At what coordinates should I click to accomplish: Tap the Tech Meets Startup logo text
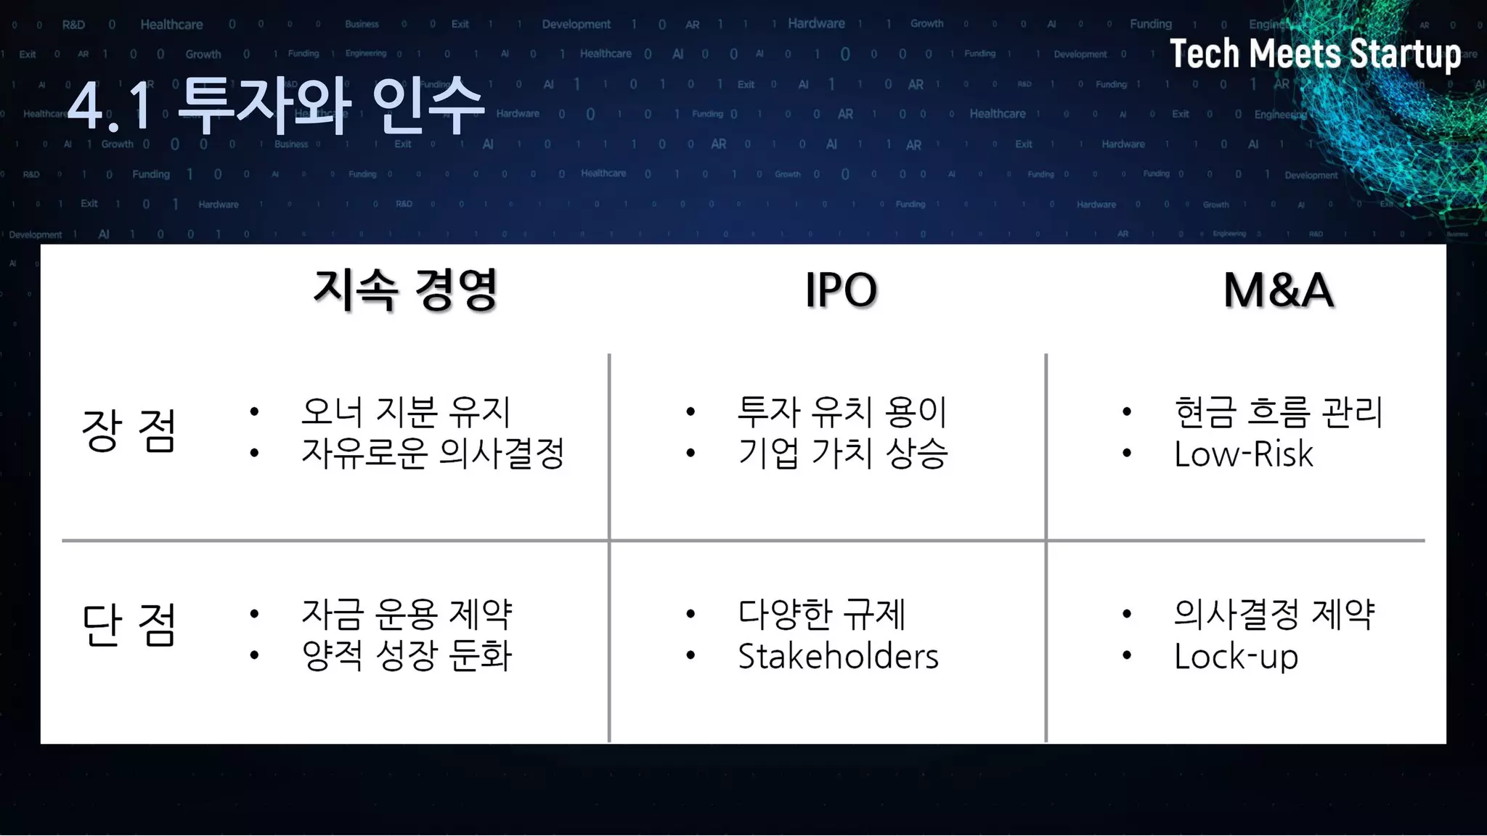point(1314,54)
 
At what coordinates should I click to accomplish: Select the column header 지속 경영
point(405,290)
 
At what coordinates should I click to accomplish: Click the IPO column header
point(841,290)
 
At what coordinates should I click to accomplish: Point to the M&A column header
point(1278,290)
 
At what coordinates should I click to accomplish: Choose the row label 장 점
point(129,430)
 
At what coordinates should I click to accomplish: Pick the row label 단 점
point(129,625)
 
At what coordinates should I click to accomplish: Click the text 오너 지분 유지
point(406,411)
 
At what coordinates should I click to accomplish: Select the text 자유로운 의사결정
point(433,454)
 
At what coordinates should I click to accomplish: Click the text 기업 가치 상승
point(842,454)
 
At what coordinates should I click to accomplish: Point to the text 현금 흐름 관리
point(1278,411)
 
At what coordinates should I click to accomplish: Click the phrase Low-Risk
point(1243,454)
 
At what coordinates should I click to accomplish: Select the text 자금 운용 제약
point(407,614)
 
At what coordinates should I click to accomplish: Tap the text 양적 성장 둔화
point(407,655)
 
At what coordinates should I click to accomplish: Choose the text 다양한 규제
point(821,614)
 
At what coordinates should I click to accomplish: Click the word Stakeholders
point(838,656)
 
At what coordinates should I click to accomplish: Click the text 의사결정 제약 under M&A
point(1274,614)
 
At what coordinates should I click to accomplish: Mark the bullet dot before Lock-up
point(1126,656)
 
